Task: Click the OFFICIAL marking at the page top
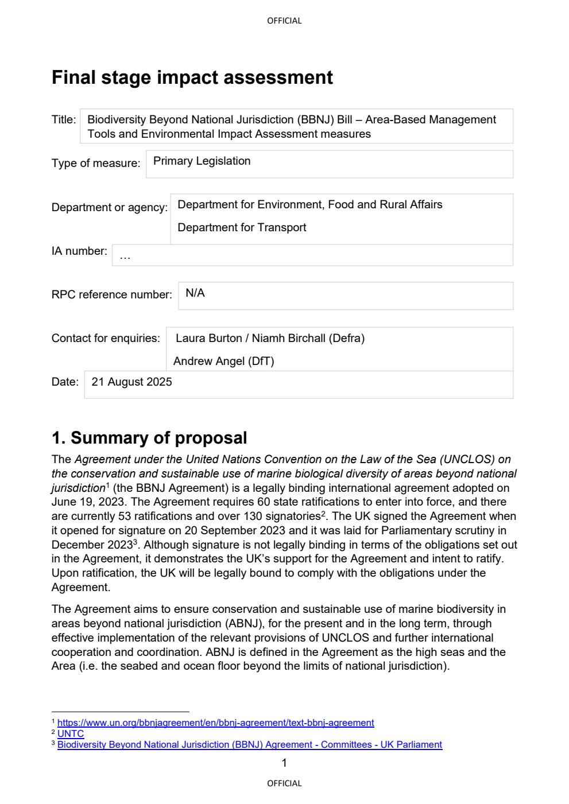click(284, 21)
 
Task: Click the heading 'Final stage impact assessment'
click(192, 77)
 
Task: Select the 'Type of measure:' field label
click(95, 163)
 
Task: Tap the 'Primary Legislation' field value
click(202, 161)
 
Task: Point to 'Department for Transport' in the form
click(242, 228)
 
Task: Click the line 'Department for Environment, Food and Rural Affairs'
click(309, 205)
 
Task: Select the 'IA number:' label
click(79, 251)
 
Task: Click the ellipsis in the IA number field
click(125, 257)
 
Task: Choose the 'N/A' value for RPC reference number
click(195, 293)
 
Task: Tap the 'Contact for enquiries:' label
click(106, 339)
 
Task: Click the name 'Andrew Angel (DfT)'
click(223, 361)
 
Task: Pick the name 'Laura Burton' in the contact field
click(208, 339)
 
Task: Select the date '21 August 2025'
click(131, 382)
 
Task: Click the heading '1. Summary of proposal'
click(149, 438)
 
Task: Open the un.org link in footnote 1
click(215, 723)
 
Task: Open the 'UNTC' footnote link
click(71, 734)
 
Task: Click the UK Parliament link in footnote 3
click(249, 745)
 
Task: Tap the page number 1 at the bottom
click(284, 763)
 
